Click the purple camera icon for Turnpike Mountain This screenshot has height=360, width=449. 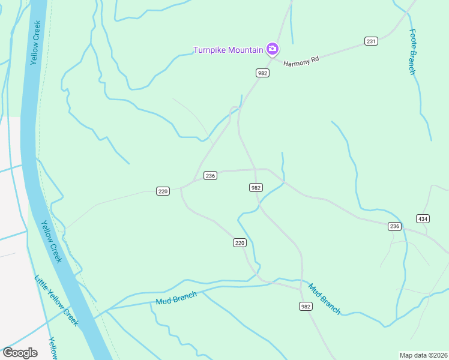pyautogui.click(x=273, y=49)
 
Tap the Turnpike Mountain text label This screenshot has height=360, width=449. pyautogui.click(x=228, y=50)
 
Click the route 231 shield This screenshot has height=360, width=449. pyautogui.click(x=371, y=41)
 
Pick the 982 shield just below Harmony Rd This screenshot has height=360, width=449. pyautogui.click(x=262, y=73)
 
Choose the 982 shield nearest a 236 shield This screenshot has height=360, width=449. pyautogui.click(x=255, y=188)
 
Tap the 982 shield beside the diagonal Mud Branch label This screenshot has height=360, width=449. pyautogui.click(x=306, y=306)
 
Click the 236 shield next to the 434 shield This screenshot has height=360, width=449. pyautogui.click(x=394, y=226)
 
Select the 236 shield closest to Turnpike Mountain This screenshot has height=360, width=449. pyautogui.click(x=210, y=175)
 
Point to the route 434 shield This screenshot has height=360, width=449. pyautogui.click(x=423, y=218)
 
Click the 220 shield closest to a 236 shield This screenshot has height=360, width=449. pyautogui.click(x=163, y=191)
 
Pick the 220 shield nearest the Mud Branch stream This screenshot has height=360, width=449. pyautogui.click(x=240, y=242)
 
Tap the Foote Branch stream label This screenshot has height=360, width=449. pyautogui.click(x=412, y=52)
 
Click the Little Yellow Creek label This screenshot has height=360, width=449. pyautogui.click(x=56, y=300)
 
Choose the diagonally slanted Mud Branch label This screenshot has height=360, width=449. pyautogui.click(x=325, y=298)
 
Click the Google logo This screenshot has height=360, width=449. pyautogui.click(x=20, y=353)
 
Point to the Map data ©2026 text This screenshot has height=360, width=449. pyautogui.click(x=423, y=355)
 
